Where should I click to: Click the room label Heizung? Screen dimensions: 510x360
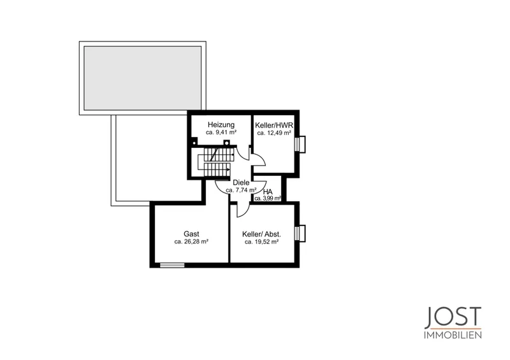coord(221,125)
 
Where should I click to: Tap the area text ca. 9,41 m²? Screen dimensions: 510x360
coord(221,133)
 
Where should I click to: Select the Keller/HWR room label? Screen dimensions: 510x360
coord(274,125)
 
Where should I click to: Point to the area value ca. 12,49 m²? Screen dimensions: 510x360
coord(274,133)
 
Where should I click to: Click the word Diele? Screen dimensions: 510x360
coord(241,183)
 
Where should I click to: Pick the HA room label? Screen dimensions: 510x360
coord(268,192)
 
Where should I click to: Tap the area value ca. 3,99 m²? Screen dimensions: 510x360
coord(268,198)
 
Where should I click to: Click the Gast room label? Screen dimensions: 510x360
coord(191,234)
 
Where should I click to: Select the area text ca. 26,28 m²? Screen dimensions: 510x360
coord(191,241)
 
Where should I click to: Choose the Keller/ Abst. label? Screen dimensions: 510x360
coord(262,234)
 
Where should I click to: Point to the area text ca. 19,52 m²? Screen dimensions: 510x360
coord(262,242)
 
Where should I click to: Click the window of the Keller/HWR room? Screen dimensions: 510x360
coord(300,144)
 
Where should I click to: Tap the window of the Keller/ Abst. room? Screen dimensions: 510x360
coord(300,233)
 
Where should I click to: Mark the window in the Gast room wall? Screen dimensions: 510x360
coord(172,265)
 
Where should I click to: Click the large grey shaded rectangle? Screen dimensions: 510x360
coord(143,78)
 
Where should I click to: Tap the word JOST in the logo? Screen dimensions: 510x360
coord(453,317)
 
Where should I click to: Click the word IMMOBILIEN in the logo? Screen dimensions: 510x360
coord(453,335)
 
